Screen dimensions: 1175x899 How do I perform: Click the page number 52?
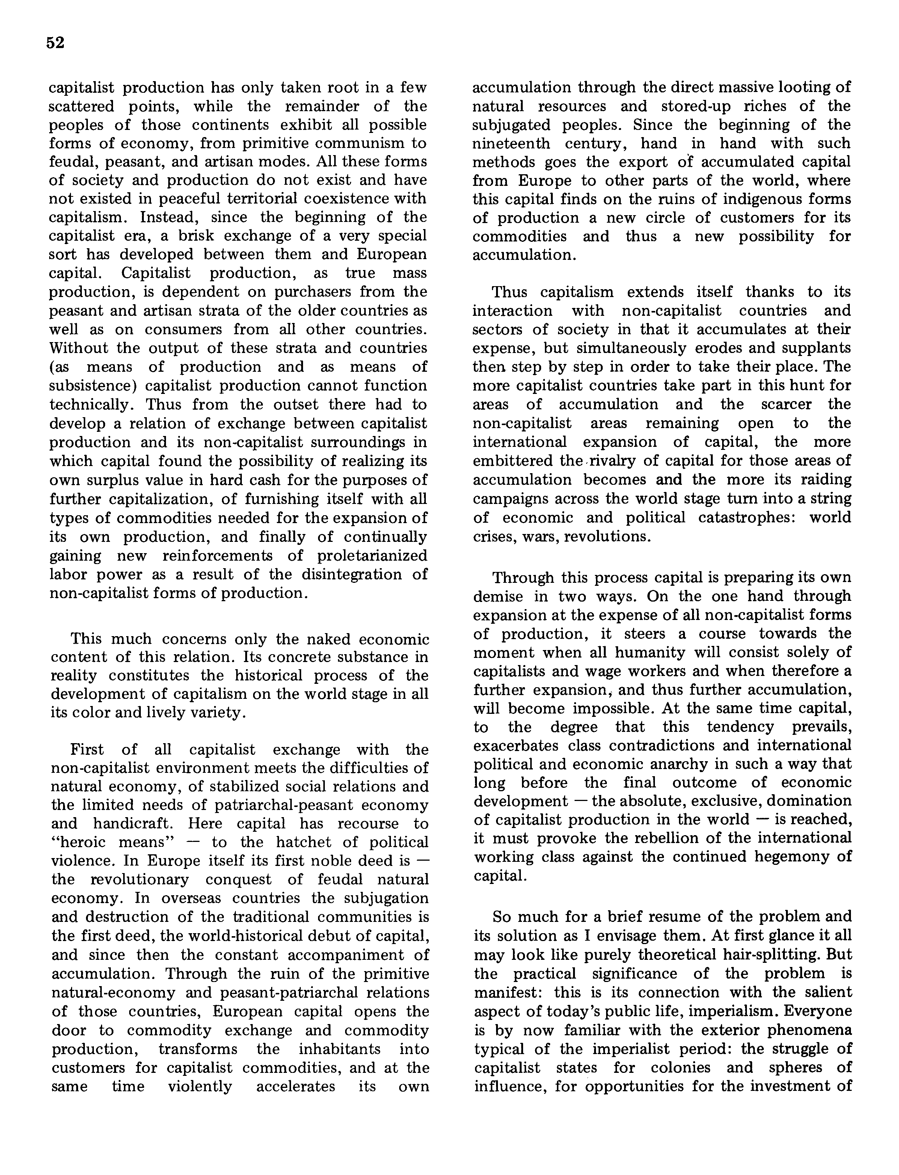click(55, 43)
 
